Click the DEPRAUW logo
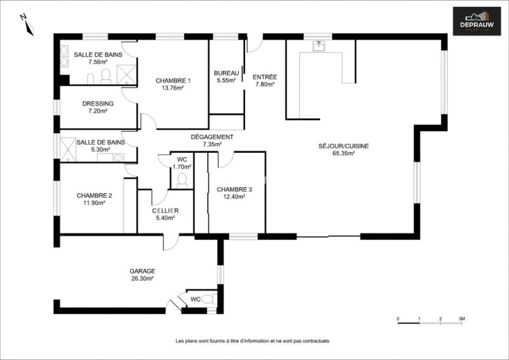pos(477,21)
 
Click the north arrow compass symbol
pos(28,25)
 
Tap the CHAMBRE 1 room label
pos(173,81)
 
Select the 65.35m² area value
pos(344,153)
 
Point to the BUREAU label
pos(227,73)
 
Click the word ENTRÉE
pos(265,77)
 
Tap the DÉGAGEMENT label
pos(212,137)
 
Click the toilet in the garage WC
pos(209,299)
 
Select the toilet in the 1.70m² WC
pos(183,181)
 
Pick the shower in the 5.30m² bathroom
pos(68,149)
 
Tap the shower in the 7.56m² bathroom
pos(127,74)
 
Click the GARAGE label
pos(142,271)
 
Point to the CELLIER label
pos(165,211)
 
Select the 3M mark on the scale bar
pos(461,319)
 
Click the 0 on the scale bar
pos(398,319)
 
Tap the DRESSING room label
pos(98,104)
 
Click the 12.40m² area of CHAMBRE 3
pos(234,197)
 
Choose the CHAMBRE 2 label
pos(94,196)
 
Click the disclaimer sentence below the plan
pos(252,341)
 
